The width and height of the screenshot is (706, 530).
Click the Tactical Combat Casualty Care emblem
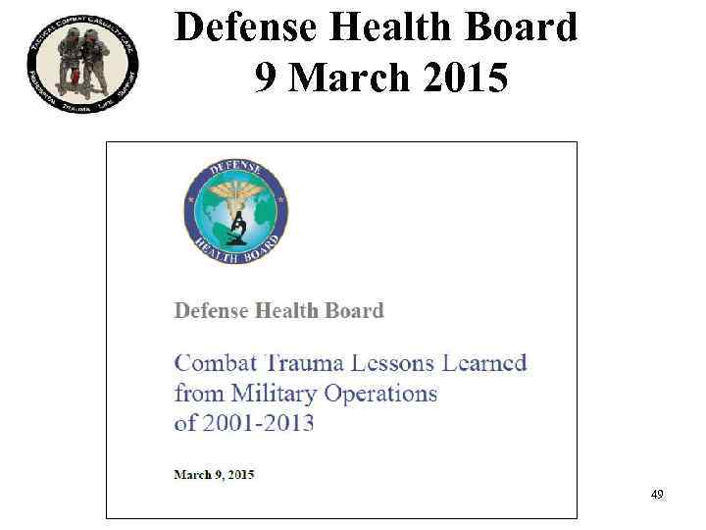coord(82,66)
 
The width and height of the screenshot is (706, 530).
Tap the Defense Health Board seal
coord(236,208)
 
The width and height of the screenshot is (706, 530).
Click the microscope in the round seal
coord(236,229)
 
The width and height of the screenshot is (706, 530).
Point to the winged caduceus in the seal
coord(236,195)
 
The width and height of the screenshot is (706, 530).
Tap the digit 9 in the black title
coord(265,77)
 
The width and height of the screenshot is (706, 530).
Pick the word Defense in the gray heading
coord(211,311)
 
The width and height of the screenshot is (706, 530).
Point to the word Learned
coord(486,362)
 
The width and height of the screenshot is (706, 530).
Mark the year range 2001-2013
coord(259,423)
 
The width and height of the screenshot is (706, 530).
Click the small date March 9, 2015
coord(214,475)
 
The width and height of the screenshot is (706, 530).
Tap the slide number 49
coord(657,495)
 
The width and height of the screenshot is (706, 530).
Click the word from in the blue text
coord(198,394)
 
